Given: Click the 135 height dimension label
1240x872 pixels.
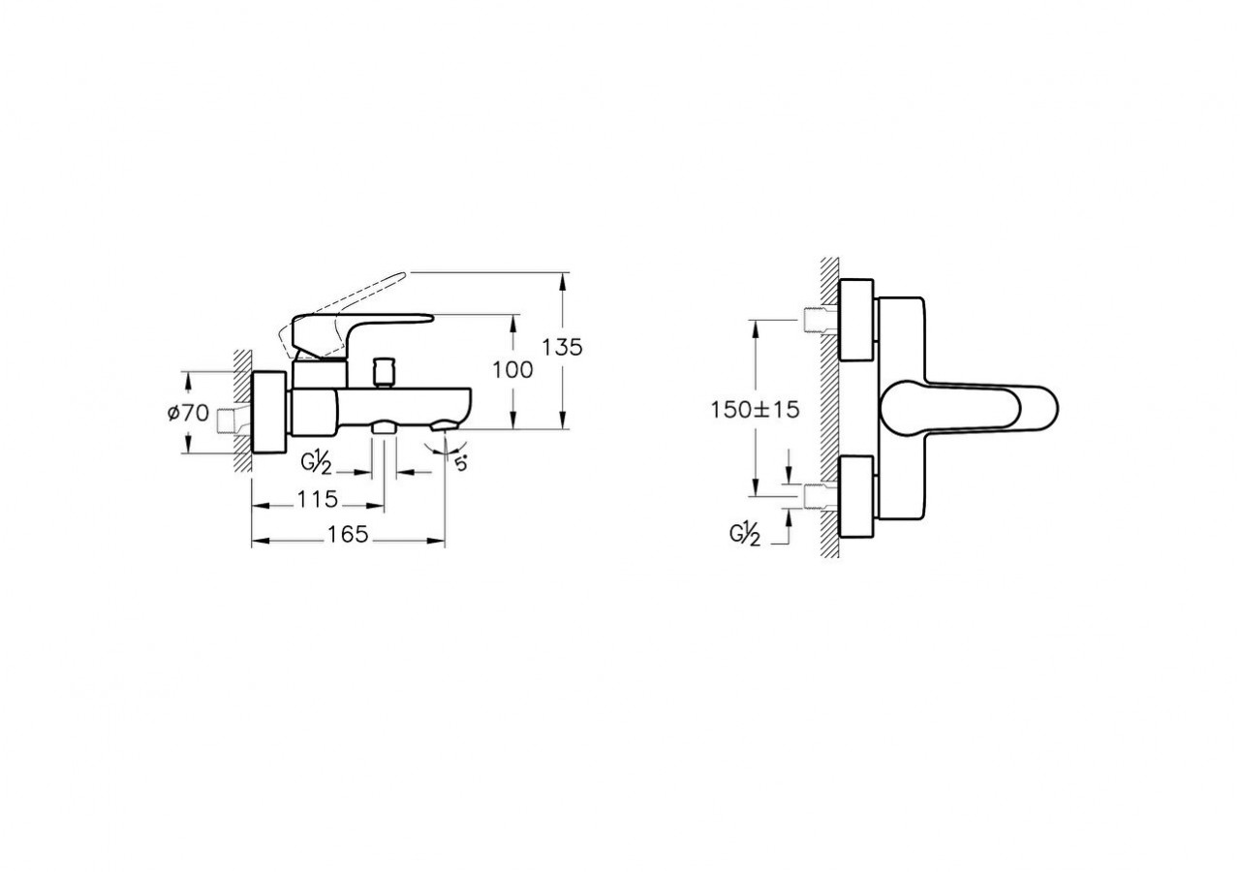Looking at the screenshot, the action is coord(562,348).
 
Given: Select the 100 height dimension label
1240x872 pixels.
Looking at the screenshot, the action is coord(512,370).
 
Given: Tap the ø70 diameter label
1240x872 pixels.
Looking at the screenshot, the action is coord(188,413).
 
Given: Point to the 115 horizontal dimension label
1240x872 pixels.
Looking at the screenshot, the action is coord(317,499).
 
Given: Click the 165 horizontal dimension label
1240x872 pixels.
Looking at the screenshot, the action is coord(348,534).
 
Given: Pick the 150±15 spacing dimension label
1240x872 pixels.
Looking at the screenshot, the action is coord(755,410).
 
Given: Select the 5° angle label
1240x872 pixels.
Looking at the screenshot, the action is coord(460,462).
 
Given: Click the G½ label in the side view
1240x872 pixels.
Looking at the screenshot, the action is coord(316,464).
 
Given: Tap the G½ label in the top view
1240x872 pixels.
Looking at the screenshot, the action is coord(745,535).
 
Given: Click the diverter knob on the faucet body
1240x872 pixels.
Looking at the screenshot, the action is coord(384,371).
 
